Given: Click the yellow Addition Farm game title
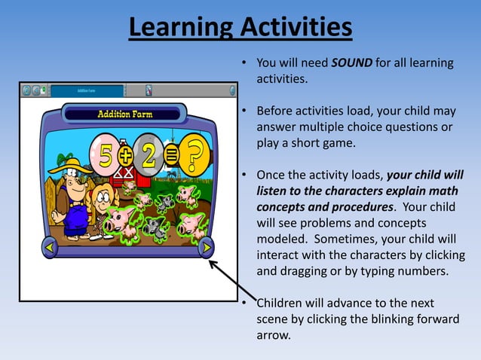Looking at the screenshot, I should tap(124, 114).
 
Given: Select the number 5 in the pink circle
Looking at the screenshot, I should tap(103, 154).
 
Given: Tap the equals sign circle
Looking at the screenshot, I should tap(173, 156).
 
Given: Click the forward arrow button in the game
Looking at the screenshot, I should tap(206, 247).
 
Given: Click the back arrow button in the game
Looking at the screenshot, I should tap(49, 247).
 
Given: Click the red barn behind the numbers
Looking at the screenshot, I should tap(125, 177).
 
